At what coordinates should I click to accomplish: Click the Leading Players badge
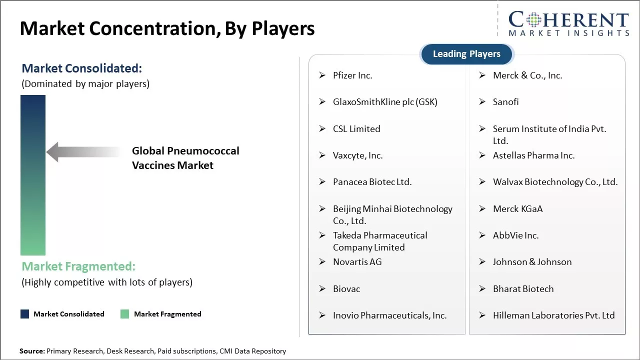(x=466, y=54)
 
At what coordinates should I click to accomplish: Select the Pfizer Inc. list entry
(x=352, y=75)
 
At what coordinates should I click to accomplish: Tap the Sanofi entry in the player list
(x=505, y=102)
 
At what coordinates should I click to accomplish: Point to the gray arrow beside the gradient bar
(x=83, y=151)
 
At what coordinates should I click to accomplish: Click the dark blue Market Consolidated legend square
(x=25, y=314)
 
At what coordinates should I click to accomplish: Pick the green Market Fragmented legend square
(x=125, y=314)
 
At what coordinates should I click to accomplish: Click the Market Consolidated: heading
(x=81, y=68)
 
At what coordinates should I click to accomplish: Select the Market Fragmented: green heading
(x=78, y=266)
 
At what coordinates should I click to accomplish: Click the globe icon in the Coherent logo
(x=533, y=19)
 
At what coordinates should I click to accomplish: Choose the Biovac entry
(x=346, y=289)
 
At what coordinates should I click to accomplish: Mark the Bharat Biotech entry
(x=523, y=289)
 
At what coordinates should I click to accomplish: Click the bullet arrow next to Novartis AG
(x=322, y=261)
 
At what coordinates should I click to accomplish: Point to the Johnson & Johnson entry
(x=532, y=262)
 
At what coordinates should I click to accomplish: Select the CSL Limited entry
(x=356, y=129)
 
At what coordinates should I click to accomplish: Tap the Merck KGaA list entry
(x=517, y=209)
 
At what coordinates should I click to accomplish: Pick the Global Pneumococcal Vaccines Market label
(x=185, y=158)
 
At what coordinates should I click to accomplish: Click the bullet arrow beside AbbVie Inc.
(x=482, y=235)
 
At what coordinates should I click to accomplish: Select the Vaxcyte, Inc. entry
(x=357, y=155)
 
